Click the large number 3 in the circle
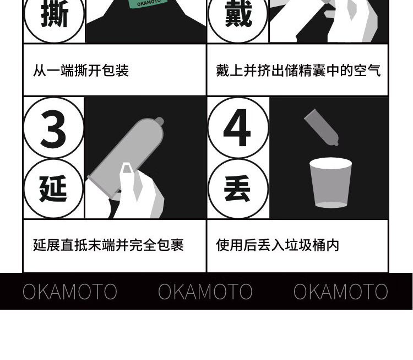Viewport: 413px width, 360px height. click(53, 129)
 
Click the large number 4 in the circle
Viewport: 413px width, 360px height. click(237, 128)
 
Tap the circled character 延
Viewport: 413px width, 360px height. click(53, 189)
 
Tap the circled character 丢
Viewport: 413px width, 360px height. click(237, 189)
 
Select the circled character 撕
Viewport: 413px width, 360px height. click(55, 13)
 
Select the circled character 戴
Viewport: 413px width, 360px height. click(238, 13)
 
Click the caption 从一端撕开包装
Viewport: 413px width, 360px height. click(81, 71)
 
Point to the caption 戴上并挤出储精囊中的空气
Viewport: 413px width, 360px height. click(298, 71)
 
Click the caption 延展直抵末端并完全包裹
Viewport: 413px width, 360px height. click(108, 245)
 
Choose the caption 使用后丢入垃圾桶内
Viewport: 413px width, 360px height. click(278, 245)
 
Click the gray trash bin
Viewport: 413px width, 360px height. click(330, 182)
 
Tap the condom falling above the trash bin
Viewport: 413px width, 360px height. click(322, 127)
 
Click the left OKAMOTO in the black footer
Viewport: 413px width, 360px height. click(70, 292)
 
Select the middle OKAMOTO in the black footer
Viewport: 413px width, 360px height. click(205, 292)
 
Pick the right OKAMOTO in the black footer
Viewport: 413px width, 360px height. click(340, 292)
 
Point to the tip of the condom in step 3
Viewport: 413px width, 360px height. click(160, 121)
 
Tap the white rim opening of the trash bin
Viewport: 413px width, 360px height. click(330, 163)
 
